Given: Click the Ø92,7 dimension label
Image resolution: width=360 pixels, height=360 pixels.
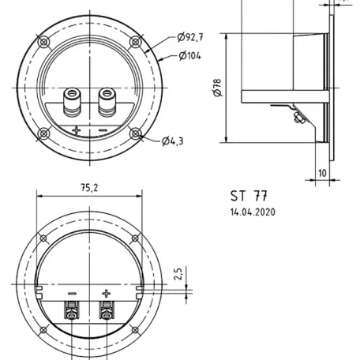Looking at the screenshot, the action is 190,37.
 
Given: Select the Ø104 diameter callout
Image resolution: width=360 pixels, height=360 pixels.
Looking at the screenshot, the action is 189,56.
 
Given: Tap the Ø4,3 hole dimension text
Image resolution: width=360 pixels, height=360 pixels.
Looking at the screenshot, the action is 173,141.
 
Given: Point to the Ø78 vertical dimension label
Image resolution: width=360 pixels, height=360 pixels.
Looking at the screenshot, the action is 218,88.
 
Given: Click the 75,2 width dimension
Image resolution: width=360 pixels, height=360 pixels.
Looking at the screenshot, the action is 89,188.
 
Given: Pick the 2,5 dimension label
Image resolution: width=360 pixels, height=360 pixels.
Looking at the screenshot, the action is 178,274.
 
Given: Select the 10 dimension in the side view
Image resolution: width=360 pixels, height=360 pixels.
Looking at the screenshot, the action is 322,173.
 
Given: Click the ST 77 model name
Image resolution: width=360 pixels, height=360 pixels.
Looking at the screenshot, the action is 249,196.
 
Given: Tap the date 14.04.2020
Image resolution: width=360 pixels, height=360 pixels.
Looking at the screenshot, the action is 253,212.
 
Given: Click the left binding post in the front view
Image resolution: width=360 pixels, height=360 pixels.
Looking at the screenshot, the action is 72,102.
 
